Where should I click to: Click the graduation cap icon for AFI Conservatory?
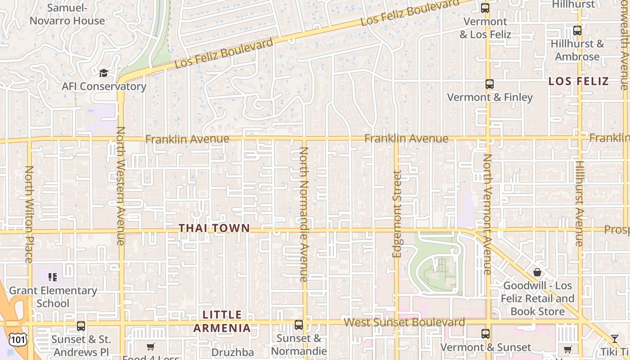103,73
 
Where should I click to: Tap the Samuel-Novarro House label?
67,14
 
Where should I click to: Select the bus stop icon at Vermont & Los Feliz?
485,8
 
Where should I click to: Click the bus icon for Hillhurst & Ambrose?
577,31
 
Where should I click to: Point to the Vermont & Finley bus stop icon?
490,84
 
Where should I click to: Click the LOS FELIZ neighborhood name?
578,81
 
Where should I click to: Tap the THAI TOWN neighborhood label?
214,228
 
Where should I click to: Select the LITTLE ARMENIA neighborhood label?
222,321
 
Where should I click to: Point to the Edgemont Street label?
396,214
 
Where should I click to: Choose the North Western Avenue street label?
121,185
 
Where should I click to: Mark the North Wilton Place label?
29,214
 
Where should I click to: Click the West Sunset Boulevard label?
404,323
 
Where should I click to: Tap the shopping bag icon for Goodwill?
537,272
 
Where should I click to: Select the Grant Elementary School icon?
53,277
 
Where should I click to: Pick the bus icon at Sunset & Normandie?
298,325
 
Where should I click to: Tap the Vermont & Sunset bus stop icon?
485,334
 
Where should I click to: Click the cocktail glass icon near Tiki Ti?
615,339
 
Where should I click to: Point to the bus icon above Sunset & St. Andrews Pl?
81,326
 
